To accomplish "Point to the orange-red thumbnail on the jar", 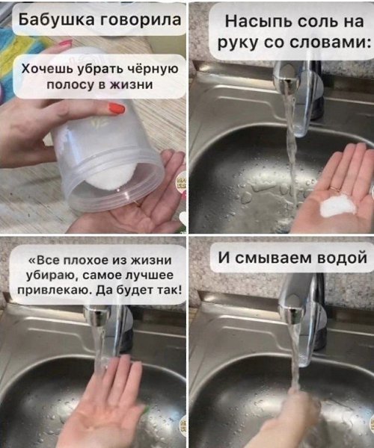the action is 117,108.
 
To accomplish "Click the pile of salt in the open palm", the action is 337,205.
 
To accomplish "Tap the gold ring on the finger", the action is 334,189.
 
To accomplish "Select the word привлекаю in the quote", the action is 55,290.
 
